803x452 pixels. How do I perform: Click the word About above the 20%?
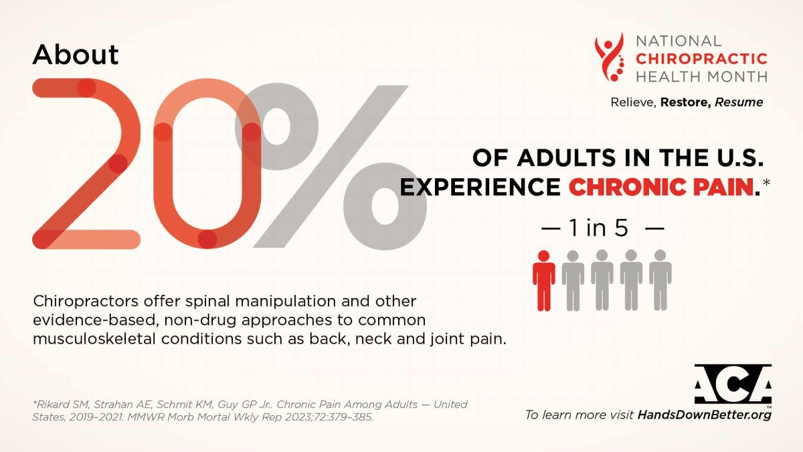(75, 55)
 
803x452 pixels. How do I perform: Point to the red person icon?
(543, 281)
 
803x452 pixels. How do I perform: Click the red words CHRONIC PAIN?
(660, 187)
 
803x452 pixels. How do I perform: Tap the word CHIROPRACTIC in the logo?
(701, 59)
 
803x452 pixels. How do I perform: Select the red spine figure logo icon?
(610, 57)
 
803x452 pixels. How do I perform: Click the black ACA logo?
(733, 384)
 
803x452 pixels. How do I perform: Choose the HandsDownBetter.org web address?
(705, 415)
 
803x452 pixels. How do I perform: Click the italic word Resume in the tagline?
(739, 102)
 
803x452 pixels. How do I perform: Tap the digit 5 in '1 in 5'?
(620, 228)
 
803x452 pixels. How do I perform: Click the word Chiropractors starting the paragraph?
(86, 301)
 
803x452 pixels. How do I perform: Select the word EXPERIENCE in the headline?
(480, 187)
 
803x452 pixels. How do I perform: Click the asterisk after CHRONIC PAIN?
(766, 183)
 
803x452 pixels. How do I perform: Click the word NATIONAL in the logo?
(679, 41)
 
